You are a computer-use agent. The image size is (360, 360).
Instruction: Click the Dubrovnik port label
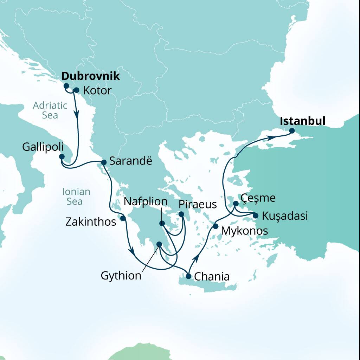click(x=91, y=77)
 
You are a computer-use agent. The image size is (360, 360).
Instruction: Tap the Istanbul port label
click(x=302, y=121)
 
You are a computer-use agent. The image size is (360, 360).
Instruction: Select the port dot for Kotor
click(x=76, y=90)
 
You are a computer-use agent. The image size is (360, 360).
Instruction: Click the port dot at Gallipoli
click(x=62, y=156)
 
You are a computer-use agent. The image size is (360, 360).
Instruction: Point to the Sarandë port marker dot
click(x=104, y=162)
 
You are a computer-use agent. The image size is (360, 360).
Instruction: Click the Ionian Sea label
click(x=76, y=197)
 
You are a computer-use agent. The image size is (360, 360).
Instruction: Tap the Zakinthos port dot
click(x=123, y=218)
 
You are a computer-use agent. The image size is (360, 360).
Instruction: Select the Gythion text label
click(x=121, y=276)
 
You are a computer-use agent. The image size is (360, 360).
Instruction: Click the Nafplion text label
click(x=145, y=202)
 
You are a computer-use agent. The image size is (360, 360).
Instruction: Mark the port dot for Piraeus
click(x=181, y=214)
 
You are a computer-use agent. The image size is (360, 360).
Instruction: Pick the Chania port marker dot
click(x=188, y=276)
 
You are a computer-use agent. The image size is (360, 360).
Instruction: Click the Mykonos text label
click(x=245, y=231)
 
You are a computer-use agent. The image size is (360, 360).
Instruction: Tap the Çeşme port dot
click(x=236, y=204)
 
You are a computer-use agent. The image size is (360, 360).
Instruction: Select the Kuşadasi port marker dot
click(x=256, y=216)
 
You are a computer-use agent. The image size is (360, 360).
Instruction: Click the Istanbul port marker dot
click(x=292, y=131)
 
